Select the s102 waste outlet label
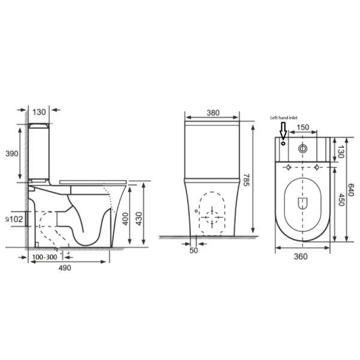(x=14, y=220)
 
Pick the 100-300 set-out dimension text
(x=44, y=257)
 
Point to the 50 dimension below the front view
(x=193, y=250)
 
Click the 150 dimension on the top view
(x=303, y=127)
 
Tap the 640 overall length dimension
(x=352, y=188)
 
